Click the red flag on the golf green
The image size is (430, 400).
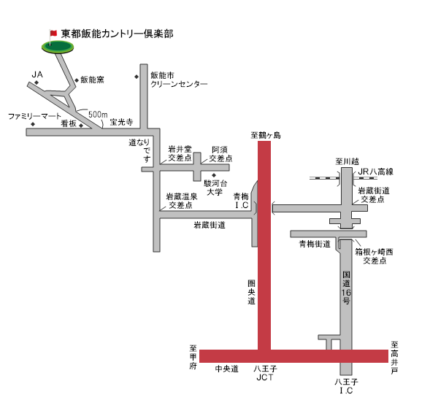coord(53,33)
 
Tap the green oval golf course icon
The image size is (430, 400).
coord(58,47)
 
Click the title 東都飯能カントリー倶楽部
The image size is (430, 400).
coord(117,34)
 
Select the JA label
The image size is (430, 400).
coord(37,74)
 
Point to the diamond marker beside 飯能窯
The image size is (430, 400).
coord(77,80)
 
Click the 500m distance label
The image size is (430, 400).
coord(98,115)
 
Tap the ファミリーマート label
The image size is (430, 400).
coord(34,116)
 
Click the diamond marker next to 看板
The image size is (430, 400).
coord(81,126)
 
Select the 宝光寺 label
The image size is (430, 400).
coord(121,122)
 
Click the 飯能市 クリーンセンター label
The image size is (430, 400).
coord(179,80)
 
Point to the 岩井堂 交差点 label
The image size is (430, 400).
coord(180,153)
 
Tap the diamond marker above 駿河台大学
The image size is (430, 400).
coord(214,175)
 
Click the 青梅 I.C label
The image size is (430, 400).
coord(242,201)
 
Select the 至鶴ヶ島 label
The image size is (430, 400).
coord(266,136)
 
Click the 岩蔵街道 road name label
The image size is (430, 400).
coord(210,225)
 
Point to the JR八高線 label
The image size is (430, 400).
coord(376,172)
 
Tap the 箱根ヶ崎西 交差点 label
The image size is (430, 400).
coord(375,256)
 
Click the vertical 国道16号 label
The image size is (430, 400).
coord(346,288)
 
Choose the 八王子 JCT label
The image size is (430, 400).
coord(265,373)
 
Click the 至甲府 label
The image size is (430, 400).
coord(193,357)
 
